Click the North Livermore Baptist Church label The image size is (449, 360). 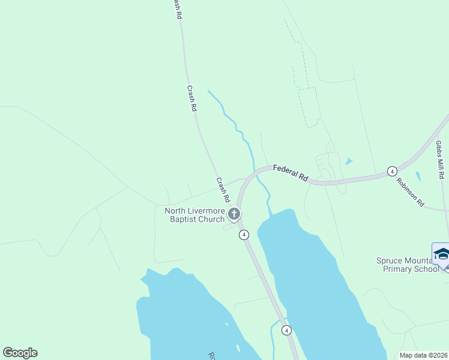click(x=194, y=215)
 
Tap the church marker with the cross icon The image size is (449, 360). click(x=234, y=214)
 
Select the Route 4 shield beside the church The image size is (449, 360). click(x=244, y=235)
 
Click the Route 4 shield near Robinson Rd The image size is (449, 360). click(x=391, y=171)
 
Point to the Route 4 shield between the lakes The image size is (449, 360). click(x=287, y=330)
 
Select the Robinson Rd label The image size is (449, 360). click(x=410, y=191)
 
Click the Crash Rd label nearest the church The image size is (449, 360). click(x=223, y=190)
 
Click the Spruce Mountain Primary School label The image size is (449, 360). click(x=408, y=265)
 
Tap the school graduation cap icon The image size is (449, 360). click(x=441, y=254)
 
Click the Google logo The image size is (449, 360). click(x=20, y=353)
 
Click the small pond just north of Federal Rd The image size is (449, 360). click(x=349, y=161)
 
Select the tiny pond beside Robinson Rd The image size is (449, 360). click(x=418, y=177)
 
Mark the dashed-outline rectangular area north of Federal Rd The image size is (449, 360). click(x=308, y=107)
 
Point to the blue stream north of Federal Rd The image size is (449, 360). click(x=237, y=126)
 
